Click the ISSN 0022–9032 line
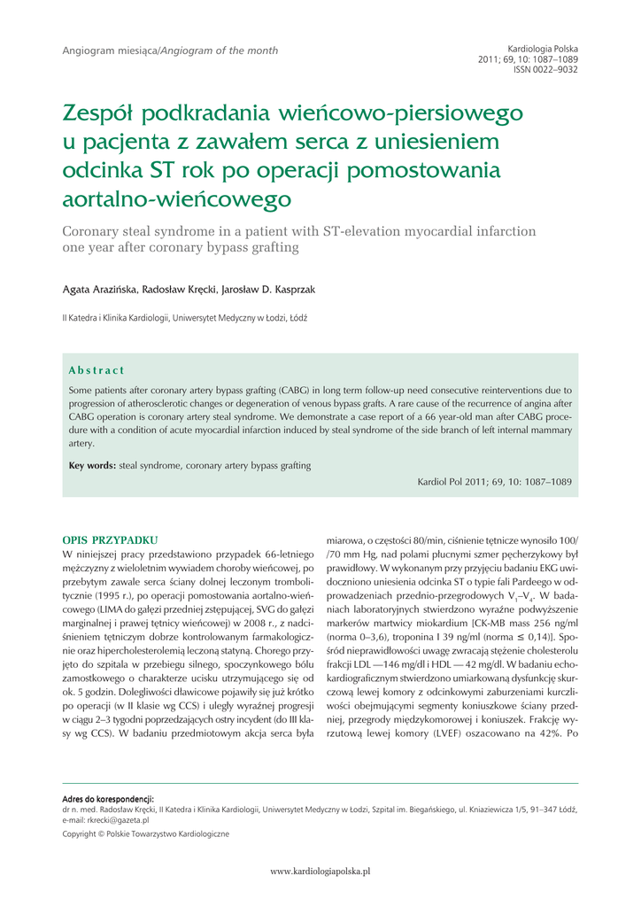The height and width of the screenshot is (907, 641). (545, 69)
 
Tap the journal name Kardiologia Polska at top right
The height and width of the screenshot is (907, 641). (543, 48)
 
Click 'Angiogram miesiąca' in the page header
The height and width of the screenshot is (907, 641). (110, 50)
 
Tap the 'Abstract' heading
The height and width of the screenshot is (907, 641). (97, 369)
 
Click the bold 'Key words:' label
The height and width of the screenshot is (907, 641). (92, 465)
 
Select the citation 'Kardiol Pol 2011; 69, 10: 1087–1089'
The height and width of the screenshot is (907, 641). (494, 482)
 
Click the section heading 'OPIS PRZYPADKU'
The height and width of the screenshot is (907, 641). (110, 539)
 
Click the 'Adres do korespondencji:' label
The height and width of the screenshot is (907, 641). (108, 799)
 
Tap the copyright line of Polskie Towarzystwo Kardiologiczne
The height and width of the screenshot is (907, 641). (145, 833)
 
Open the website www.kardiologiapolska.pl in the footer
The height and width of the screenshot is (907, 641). (320, 871)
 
